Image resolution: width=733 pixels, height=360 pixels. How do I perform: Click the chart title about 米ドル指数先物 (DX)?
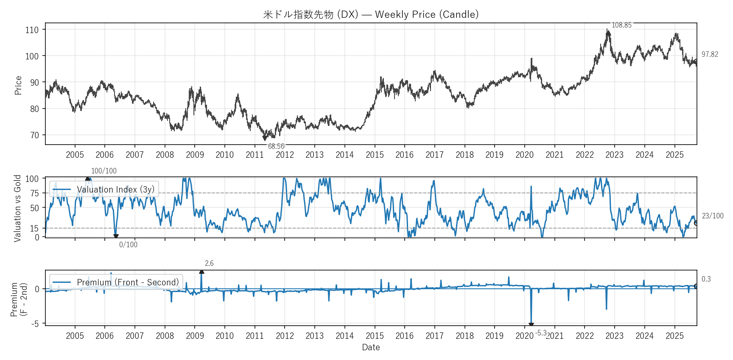click(371, 14)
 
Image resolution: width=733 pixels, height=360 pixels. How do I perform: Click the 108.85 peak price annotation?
click(621, 25)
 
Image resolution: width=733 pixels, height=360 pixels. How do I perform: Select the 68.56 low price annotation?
click(276, 146)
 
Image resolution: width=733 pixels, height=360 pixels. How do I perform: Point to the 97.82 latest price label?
click(710, 54)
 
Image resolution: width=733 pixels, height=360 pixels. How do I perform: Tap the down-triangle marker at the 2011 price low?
click(265, 138)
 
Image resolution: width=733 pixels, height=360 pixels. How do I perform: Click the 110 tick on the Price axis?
click(32, 30)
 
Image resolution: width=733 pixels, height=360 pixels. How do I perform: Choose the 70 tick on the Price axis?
click(34, 135)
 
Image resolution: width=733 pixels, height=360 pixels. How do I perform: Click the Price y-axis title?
click(18, 85)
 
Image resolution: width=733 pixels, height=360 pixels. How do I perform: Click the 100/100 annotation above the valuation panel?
click(104, 171)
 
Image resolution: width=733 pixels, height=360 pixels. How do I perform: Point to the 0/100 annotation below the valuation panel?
click(128, 245)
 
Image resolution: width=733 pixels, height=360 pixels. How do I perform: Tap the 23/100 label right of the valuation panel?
click(713, 216)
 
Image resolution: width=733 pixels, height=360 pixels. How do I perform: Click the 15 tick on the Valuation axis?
click(34, 229)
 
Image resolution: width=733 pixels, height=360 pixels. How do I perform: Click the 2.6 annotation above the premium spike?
click(209, 263)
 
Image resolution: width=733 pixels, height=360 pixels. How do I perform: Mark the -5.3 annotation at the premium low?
click(541, 333)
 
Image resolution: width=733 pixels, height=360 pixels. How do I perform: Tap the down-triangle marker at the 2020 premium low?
click(531, 325)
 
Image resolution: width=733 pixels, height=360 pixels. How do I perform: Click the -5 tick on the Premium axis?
click(35, 324)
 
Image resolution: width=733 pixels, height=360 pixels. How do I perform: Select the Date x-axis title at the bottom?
click(371, 347)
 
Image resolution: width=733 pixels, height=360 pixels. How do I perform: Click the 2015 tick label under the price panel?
click(375, 155)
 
